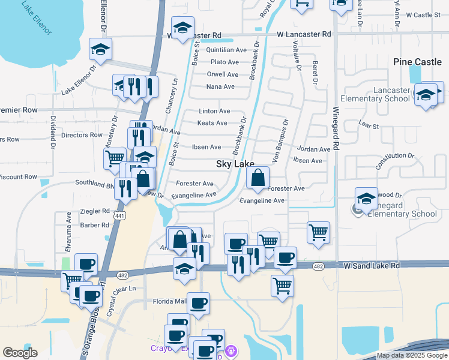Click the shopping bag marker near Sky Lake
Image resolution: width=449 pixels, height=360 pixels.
tap(258, 178)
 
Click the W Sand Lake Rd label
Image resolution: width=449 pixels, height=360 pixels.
tap(372, 265)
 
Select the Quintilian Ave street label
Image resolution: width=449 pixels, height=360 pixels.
tap(226, 50)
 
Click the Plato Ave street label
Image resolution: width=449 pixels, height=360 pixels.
tap(224, 62)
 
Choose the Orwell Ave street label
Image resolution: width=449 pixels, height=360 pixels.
tap(223, 74)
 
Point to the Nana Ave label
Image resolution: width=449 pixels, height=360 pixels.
tap(220, 86)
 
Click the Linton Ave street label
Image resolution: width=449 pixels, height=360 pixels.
tap(214, 111)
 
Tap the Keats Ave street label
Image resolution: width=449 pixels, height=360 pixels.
tap(212, 123)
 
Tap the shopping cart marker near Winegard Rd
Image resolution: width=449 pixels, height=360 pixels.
tap(318, 232)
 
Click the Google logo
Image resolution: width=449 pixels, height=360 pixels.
tap(20, 353)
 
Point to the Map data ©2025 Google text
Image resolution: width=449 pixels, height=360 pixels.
tap(412, 355)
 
